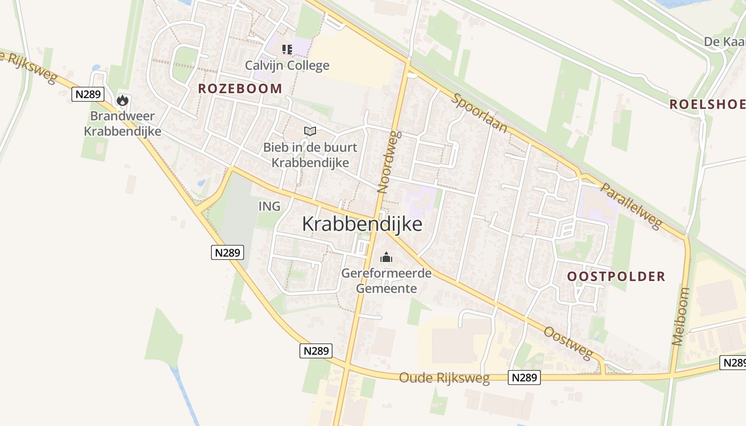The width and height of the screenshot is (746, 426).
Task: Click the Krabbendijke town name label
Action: tap(362, 224)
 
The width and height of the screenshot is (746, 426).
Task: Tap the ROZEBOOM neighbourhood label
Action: tap(240, 89)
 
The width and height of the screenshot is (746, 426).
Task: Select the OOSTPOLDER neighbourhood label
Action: tap(616, 276)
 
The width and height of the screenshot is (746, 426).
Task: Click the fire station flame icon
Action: tap(123, 100)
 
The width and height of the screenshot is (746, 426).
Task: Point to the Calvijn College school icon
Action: tap(287, 50)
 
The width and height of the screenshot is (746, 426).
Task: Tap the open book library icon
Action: tap(310, 131)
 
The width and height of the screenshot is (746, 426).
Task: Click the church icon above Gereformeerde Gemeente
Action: tap(386, 258)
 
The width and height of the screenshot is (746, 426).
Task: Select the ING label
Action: tap(269, 206)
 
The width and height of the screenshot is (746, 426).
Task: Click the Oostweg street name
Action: tap(568, 343)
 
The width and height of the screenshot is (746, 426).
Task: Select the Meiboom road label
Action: tap(681, 316)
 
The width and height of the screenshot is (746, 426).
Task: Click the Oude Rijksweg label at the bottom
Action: tap(444, 379)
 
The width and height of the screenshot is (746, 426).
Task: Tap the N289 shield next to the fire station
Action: tap(87, 94)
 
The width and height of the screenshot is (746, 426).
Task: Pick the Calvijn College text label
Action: tap(287, 65)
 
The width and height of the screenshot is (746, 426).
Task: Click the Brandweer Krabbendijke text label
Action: tap(123, 124)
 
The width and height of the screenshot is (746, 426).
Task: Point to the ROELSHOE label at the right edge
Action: tap(707, 104)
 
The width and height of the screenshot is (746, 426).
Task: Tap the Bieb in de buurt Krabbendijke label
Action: tap(310, 155)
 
